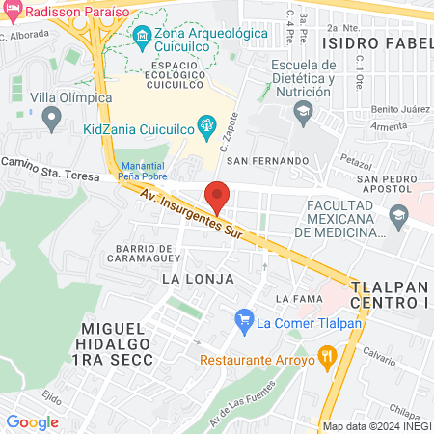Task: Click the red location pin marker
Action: [218, 196]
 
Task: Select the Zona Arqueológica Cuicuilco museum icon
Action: [142, 37]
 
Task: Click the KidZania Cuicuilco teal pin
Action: [204, 123]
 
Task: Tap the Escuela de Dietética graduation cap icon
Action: [304, 115]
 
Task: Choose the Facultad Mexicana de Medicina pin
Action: [397, 219]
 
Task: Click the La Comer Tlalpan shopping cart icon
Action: [244, 321]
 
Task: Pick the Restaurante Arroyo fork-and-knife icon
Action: [328, 360]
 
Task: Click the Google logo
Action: [33, 421]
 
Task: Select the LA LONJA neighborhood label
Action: [199, 278]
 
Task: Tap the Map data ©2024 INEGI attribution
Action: [375, 425]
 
